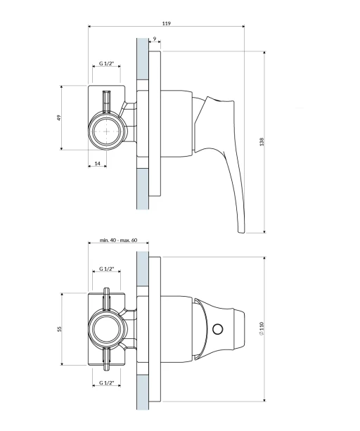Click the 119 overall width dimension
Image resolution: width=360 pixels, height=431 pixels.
166,23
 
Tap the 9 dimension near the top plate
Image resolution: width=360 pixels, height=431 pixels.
155,39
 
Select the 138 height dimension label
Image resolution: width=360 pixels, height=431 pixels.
262,142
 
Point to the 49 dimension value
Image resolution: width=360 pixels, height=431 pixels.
58,117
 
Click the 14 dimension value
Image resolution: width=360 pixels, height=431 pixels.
98,164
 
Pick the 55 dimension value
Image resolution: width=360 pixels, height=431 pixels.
59,329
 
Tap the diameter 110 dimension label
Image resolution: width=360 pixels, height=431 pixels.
262,329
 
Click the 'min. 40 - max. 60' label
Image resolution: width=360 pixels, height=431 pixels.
118,240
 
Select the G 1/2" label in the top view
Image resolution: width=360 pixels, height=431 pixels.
106,63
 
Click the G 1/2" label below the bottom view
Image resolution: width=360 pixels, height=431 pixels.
106,382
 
